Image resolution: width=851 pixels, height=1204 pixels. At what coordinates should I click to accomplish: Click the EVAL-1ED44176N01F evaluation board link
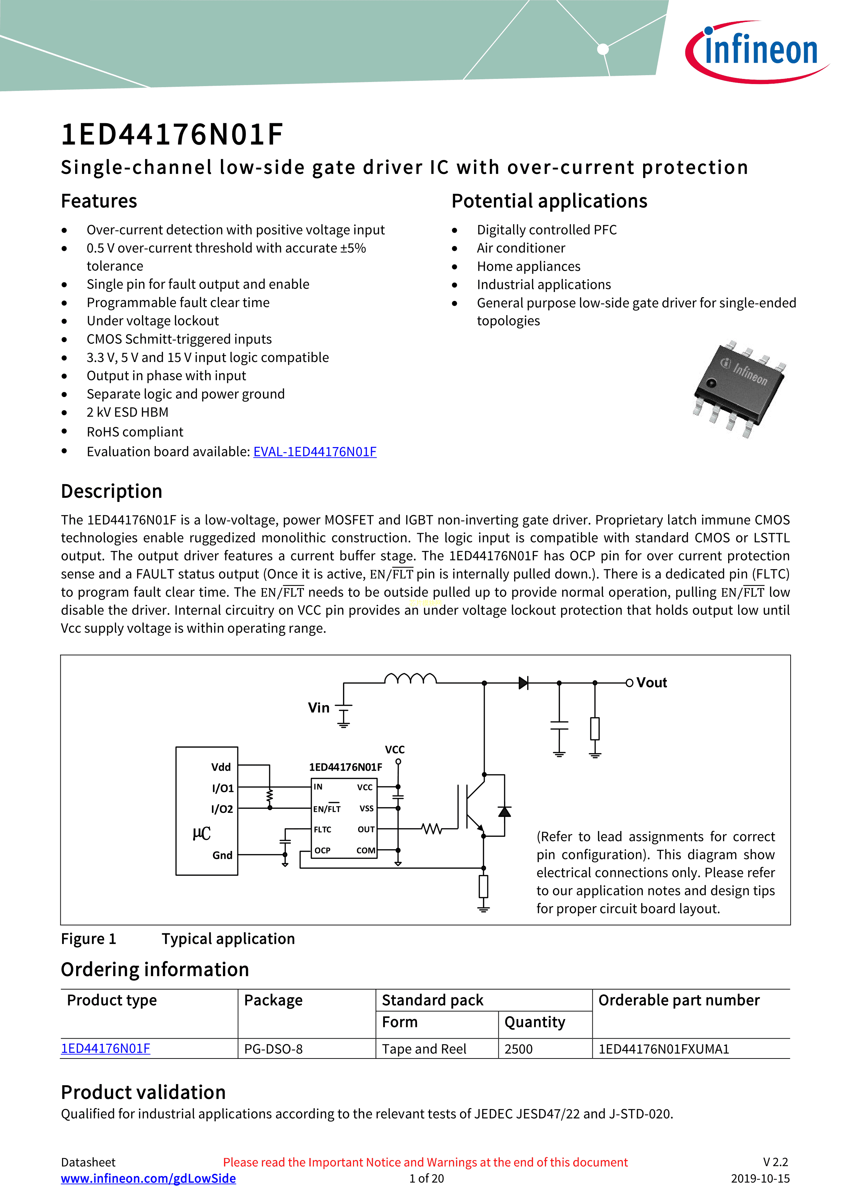[x=315, y=452]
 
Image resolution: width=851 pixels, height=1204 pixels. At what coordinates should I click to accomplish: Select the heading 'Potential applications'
[x=549, y=201]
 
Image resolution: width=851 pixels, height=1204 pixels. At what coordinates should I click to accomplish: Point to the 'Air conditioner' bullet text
[x=521, y=248]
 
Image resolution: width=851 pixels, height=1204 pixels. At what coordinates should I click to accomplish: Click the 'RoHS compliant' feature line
[x=135, y=432]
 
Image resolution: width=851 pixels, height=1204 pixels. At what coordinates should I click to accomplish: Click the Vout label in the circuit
[x=651, y=683]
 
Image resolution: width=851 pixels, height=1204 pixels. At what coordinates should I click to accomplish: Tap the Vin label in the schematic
[x=319, y=708]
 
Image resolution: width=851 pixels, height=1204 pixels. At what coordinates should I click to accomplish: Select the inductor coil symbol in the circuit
[x=410, y=679]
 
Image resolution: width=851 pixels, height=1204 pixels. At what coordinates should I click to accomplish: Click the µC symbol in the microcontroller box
[x=201, y=833]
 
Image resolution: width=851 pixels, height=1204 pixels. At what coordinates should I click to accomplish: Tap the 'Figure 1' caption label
[x=88, y=939]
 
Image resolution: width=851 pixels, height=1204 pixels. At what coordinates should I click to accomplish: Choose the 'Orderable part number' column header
[x=678, y=1001]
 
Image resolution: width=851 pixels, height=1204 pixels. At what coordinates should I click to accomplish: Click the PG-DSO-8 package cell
[x=273, y=1049]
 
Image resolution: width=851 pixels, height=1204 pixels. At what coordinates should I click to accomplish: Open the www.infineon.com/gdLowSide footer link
[x=149, y=1178]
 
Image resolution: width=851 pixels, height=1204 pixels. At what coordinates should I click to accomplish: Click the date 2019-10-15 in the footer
[x=760, y=1178]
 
